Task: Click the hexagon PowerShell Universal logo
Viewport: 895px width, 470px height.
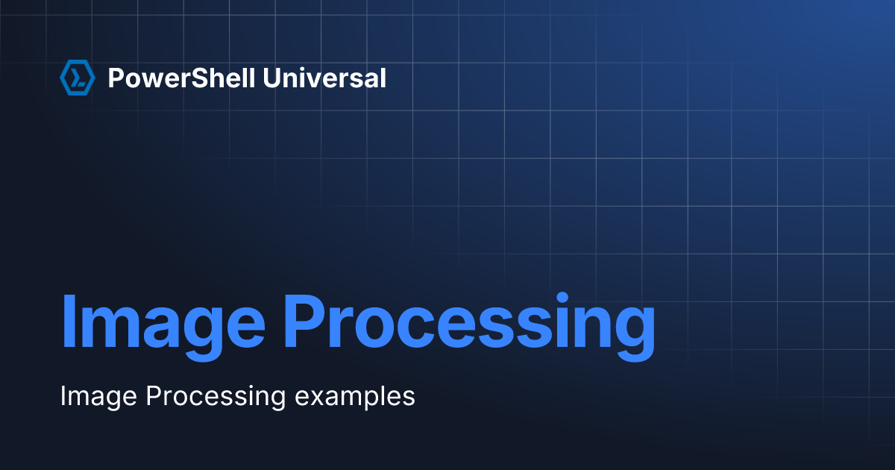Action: pos(77,78)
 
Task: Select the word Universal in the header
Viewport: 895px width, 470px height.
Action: pos(324,78)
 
